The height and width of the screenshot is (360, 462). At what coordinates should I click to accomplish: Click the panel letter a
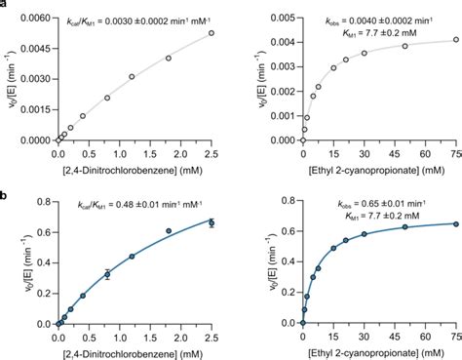click(x=5, y=5)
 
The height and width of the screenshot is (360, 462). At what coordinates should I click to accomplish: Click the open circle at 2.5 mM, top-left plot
click(x=212, y=32)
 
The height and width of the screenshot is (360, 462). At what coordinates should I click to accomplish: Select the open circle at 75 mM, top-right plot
click(x=455, y=39)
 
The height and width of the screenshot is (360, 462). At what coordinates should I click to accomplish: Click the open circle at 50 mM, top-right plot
click(x=404, y=46)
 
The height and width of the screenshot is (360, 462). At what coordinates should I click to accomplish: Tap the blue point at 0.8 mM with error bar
click(x=107, y=274)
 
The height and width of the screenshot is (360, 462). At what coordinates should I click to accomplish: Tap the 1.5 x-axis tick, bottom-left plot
click(x=149, y=336)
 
